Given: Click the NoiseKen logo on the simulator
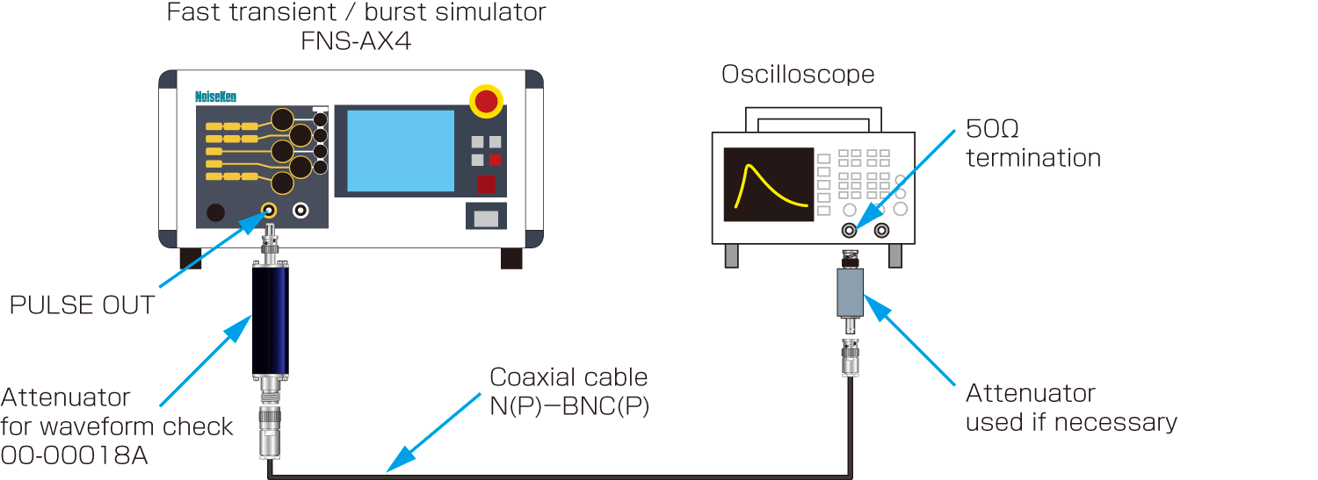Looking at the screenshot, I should pos(215,97).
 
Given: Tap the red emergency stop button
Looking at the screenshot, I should pos(486,101).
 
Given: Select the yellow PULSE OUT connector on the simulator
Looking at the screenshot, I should pos(269,211).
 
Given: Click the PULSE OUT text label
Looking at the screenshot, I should pos(82,305).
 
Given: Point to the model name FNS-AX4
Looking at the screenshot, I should pos(356,41).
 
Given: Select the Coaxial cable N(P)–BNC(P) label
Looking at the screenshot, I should pos(568,391).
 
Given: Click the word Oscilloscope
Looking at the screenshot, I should pos(798,75).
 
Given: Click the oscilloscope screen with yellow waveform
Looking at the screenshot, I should pos(769,183).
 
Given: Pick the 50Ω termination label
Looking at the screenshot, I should pos(1032,143).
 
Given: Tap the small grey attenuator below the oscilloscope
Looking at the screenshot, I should pos(851,291).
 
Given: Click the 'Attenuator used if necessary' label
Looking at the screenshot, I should pos(1070,407).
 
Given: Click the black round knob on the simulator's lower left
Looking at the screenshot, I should pos(214,212).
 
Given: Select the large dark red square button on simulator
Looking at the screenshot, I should pos(486,183).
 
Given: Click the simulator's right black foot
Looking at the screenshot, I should pos(511,258).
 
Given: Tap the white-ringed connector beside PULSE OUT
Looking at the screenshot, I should pos(301,211).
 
